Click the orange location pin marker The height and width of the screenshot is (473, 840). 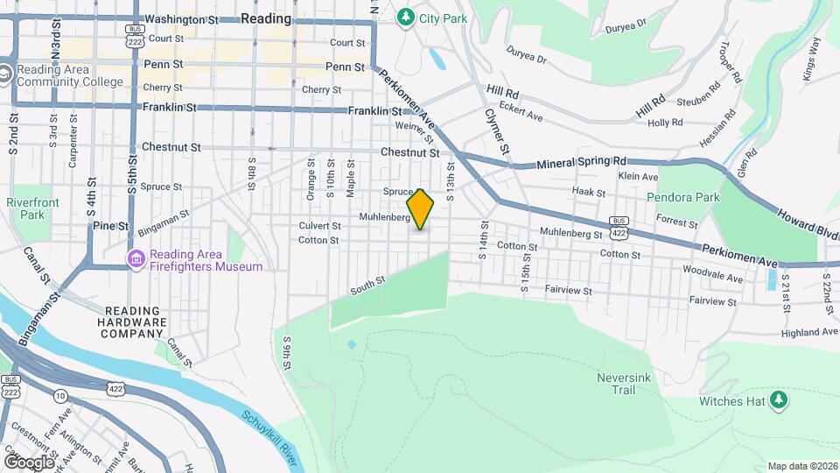click(421, 208)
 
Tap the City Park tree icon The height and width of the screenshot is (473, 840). click(405, 17)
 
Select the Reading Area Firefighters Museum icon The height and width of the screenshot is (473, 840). click(136, 259)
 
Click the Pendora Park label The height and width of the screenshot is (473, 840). click(682, 197)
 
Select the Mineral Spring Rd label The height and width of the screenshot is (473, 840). click(582, 162)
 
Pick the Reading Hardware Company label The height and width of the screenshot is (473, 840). click(136, 321)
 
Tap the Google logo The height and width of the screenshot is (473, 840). click(28, 462)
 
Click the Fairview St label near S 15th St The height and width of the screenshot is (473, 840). click(569, 290)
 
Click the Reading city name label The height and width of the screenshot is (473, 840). click(265, 18)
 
